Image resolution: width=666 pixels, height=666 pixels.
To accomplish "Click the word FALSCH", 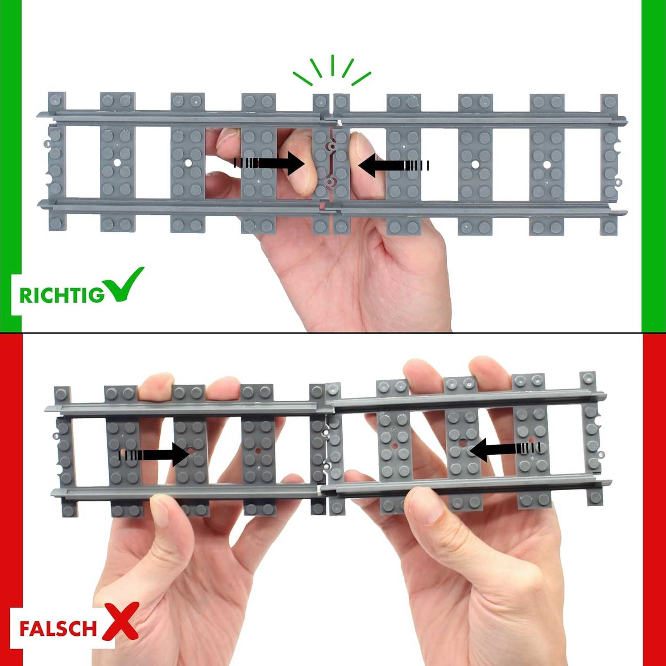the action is pyautogui.click(x=58, y=628).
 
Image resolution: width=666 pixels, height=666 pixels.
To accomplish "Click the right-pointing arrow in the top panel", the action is pyautogui.click(x=269, y=163).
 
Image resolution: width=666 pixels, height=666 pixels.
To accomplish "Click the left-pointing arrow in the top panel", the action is pyautogui.click(x=394, y=165).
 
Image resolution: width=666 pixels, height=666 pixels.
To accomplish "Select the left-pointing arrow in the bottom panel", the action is pyautogui.click(x=505, y=449).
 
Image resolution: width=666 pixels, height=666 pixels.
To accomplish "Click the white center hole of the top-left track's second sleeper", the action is pyautogui.click(x=117, y=162).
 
